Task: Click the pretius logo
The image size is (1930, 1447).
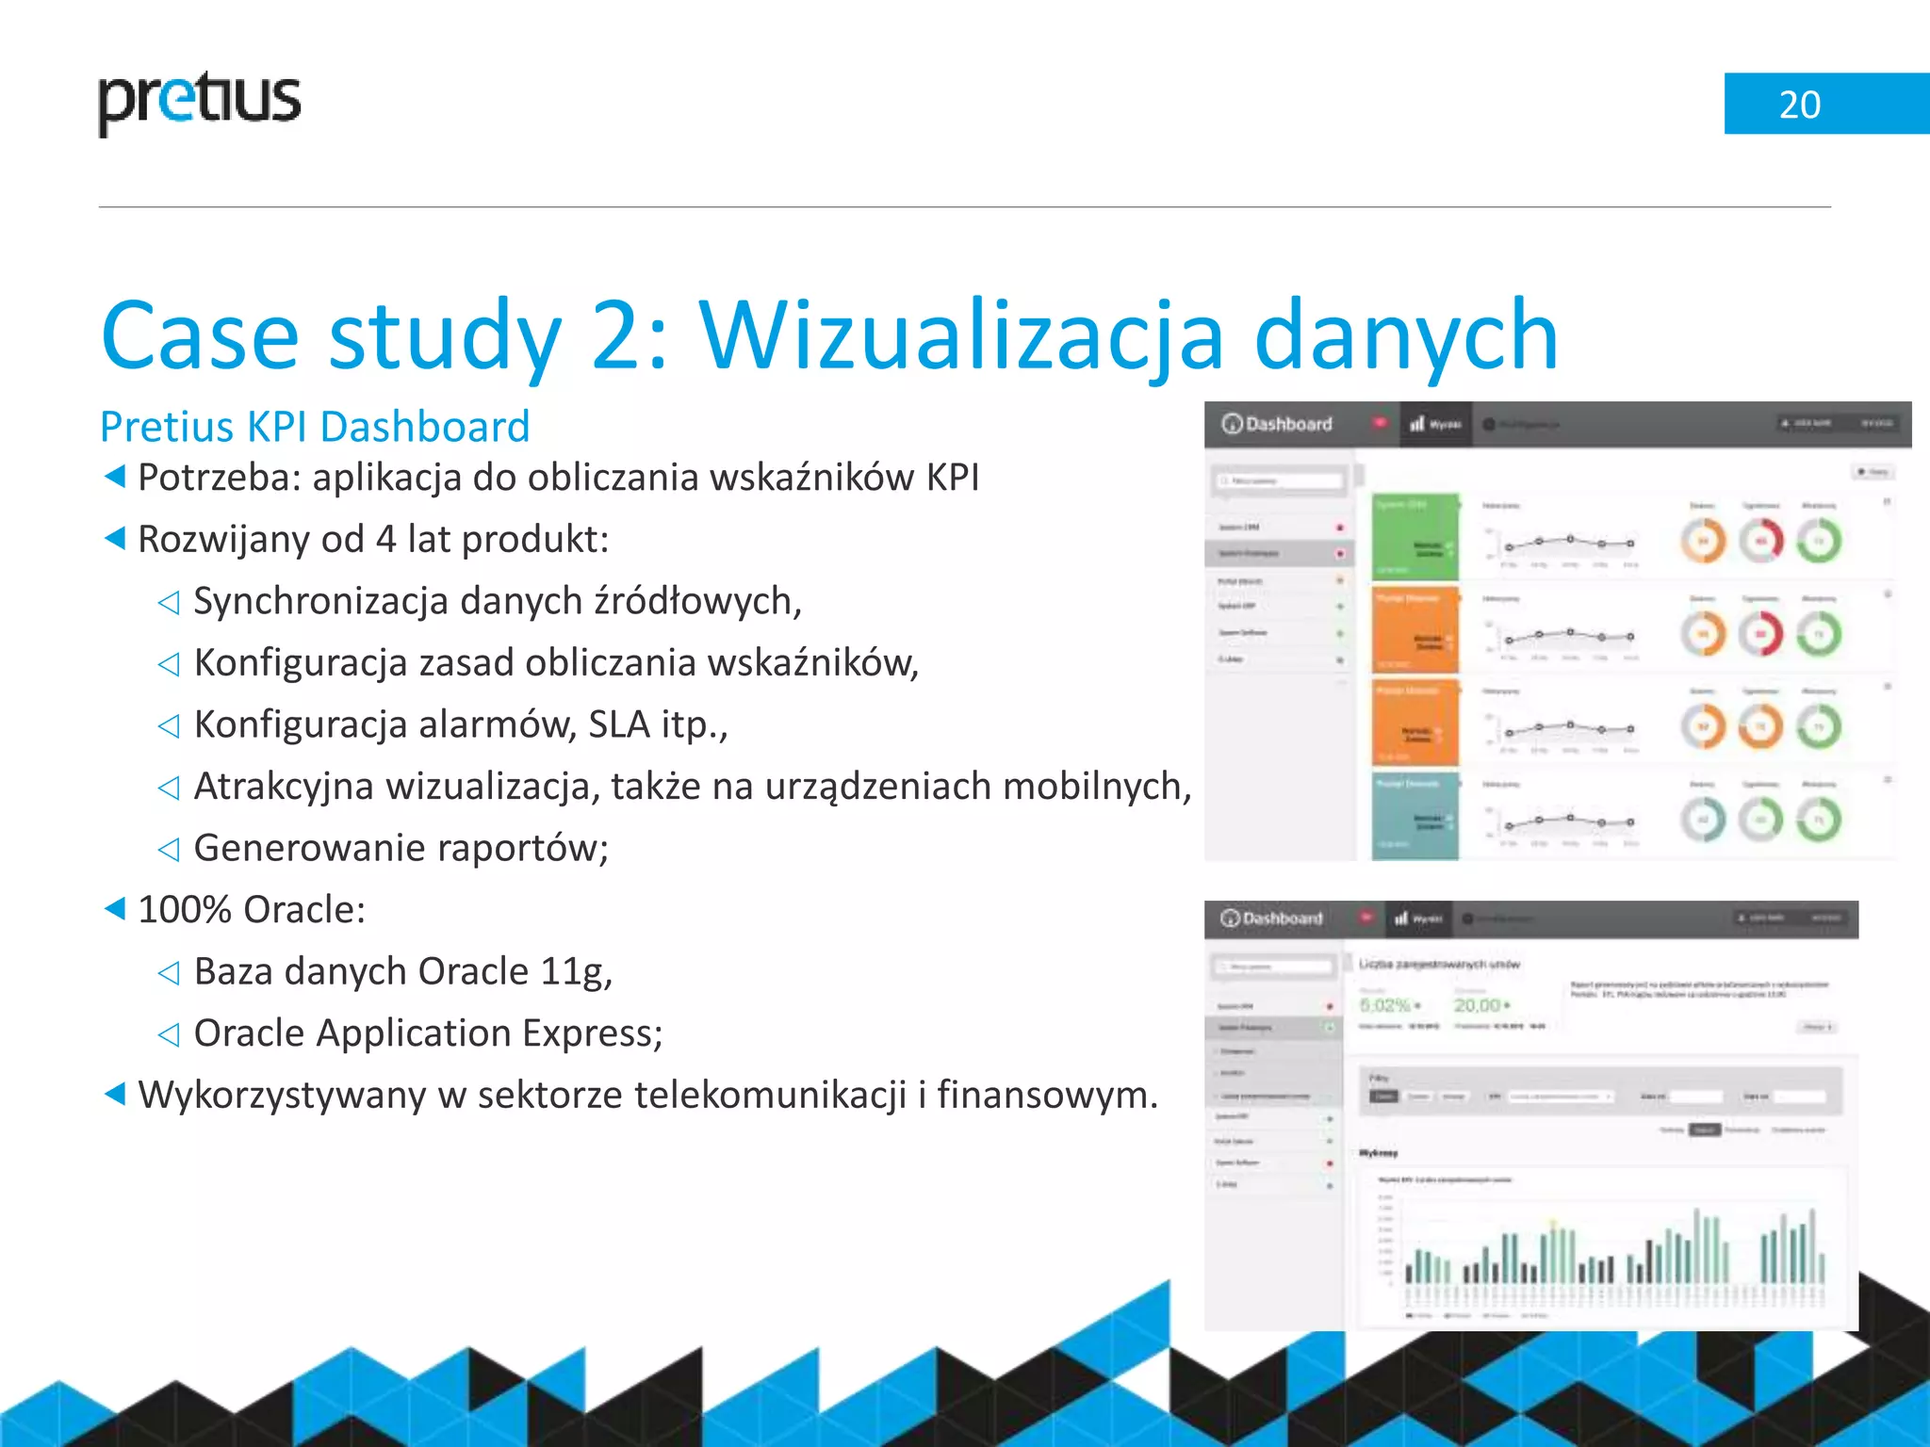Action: [199, 102]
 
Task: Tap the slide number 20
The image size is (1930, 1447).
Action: [1799, 105]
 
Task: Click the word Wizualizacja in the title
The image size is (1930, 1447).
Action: [961, 335]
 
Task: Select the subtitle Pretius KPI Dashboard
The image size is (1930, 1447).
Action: [315, 427]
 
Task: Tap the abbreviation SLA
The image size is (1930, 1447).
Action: [619, 724]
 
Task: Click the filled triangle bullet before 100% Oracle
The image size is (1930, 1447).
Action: [115, 909]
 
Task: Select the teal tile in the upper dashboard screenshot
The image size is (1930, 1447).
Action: [1415, 816]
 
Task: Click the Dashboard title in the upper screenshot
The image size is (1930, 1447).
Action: [1287, 424]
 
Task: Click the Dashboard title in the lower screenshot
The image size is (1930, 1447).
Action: [1282, 919]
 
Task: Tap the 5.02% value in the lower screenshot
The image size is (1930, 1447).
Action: [1385, 1005]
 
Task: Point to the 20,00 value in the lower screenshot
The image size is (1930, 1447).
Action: [1477, 1005]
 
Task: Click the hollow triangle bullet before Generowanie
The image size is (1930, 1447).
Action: [169, 849]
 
